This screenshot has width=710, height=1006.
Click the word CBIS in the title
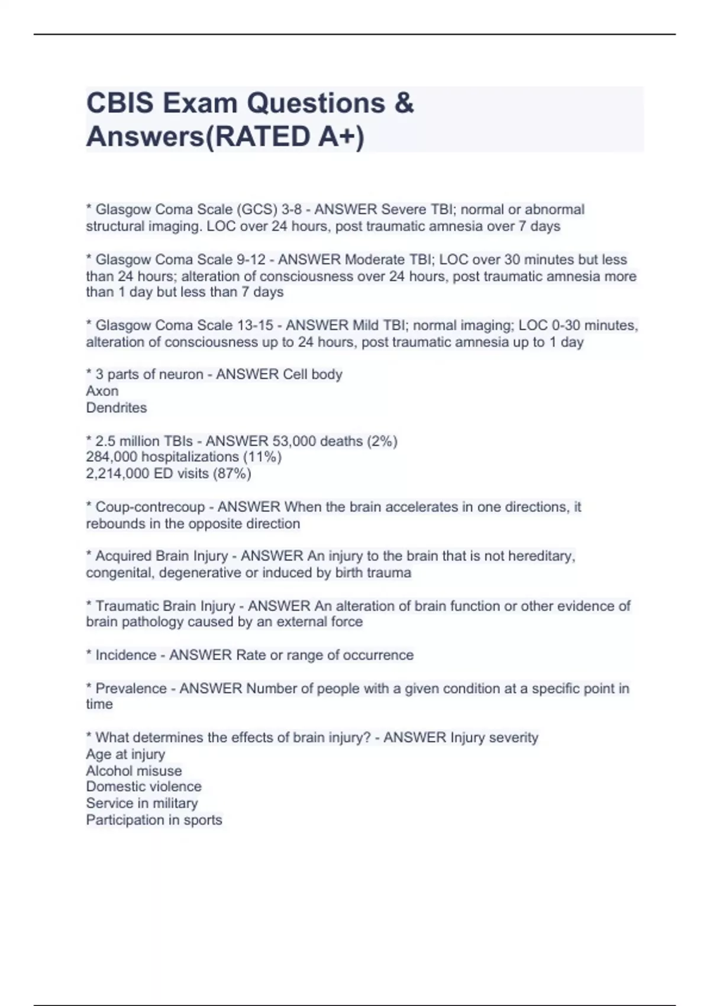120,103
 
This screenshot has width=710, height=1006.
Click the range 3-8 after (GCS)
292,209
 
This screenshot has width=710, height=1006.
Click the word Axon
102,391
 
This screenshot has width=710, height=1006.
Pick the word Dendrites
117,408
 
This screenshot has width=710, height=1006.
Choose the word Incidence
125,655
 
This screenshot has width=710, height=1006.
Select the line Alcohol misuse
134,771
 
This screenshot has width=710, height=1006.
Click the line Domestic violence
144,786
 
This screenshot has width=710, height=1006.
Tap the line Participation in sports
154,820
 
